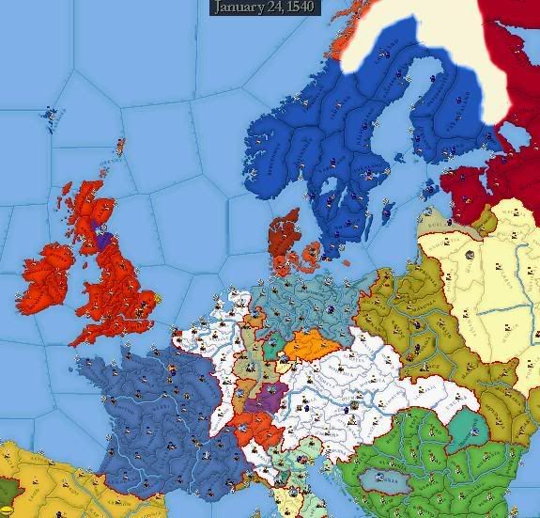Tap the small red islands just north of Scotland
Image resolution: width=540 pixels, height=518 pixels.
tap(120, 148)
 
